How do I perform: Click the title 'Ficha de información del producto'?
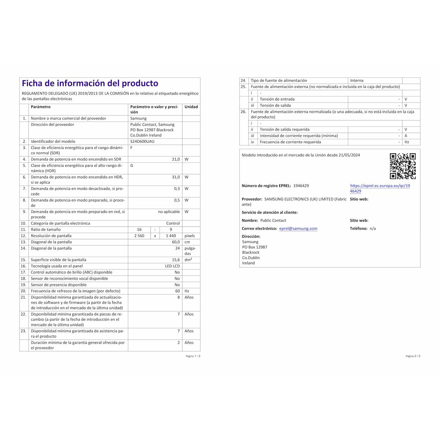click(x=90, y=84)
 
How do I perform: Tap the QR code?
click(x=403, y=166)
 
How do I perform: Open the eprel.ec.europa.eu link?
click(x=380, y=188)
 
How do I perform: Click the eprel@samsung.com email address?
click(x=298, y=228)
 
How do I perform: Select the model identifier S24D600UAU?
click(x=142, y=142)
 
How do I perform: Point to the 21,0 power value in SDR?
click(x=176, y=159)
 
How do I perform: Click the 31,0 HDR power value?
click(x=176, y=177)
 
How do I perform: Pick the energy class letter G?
click(x=132, y=166)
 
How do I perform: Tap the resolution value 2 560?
click(x=139, y=236)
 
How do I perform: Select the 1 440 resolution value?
click(x=171, y=236)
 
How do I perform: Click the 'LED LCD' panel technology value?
click(x=172, y=266)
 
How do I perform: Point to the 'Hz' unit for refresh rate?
click(x=187, y=291)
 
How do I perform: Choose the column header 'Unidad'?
click(x=191, y=107)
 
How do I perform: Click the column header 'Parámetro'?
click(x=41, y=107)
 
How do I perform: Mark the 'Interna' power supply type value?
click(x=357, y=81)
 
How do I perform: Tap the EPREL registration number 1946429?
click(x=301, y=186)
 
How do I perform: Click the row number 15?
click(x=23, y=260)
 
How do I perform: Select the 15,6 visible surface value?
click(x=176, y=260)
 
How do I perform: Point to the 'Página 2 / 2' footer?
click(x=413, y=356)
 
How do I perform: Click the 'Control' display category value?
click(x=173, y=223)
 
